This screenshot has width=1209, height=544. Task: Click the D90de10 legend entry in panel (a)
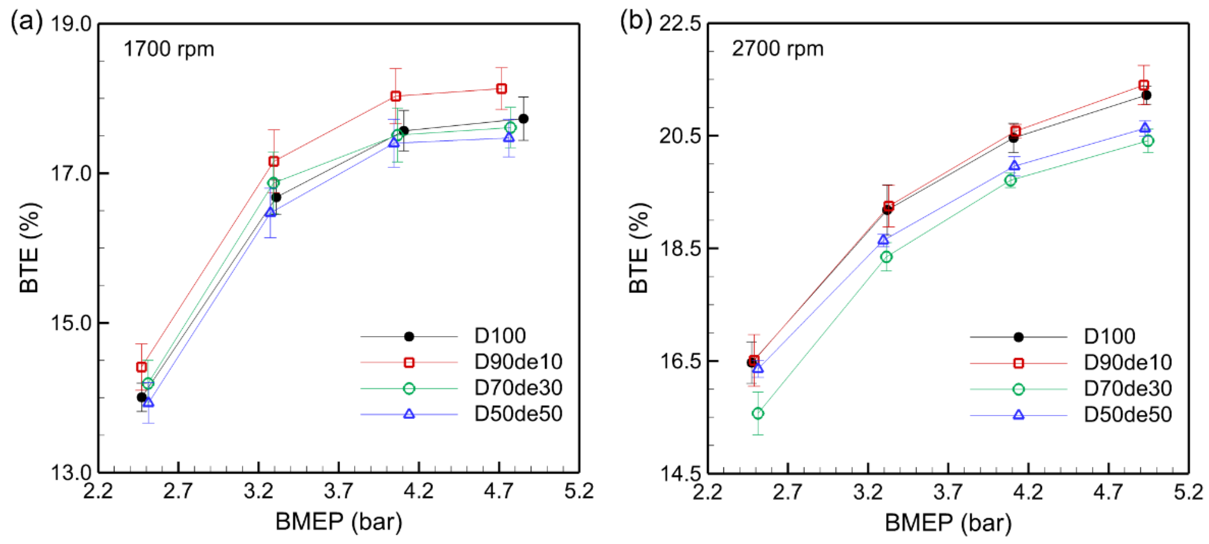[518, 362]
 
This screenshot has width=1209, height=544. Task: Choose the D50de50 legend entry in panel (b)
[1127, 415]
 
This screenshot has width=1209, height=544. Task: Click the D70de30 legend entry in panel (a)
[518, 388]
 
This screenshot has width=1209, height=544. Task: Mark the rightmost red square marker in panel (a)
[501, 88]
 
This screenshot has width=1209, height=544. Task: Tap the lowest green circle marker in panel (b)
[758, 413]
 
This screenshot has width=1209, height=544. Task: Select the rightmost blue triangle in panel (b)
[1145, 127]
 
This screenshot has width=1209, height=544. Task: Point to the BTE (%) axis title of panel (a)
[29, 248]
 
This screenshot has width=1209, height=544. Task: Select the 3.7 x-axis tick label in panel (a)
[338, 491]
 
